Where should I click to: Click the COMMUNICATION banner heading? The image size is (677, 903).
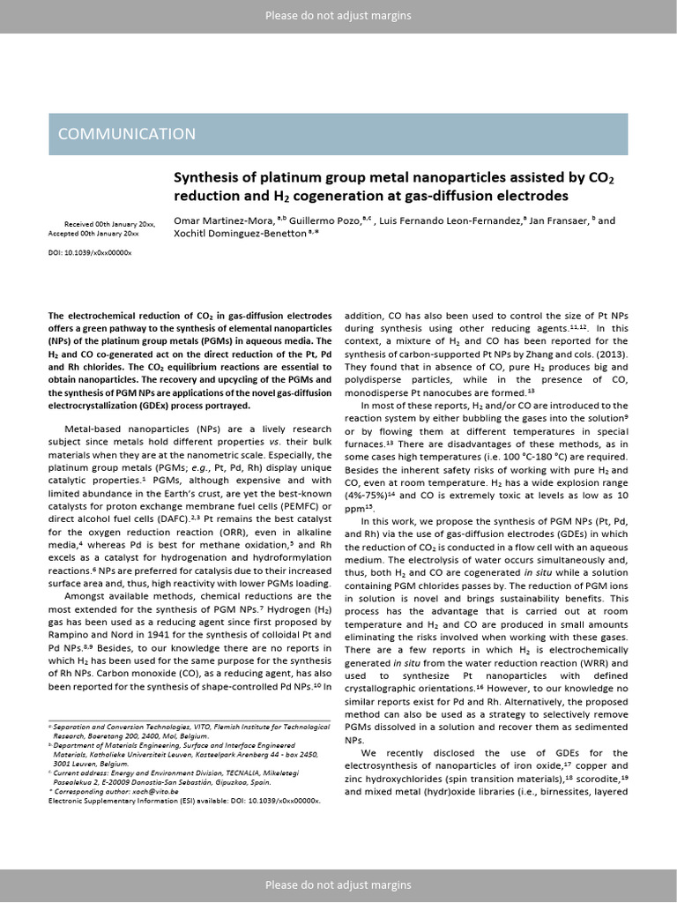127,134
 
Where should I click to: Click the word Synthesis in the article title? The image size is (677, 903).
203,177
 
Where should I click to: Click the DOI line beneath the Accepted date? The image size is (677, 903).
89,252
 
